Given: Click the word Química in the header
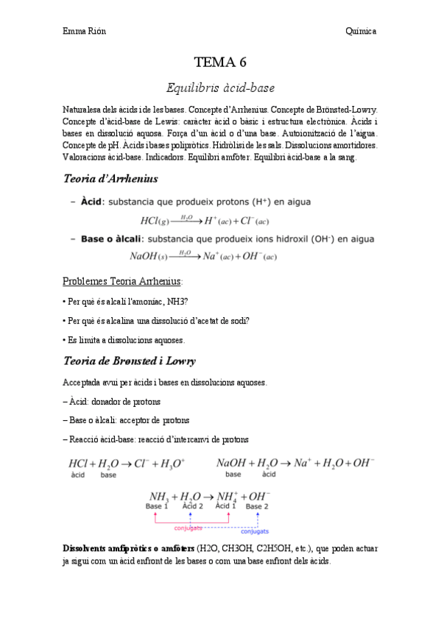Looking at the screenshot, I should (x=361, y=31).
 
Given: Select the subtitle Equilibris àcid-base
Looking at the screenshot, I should (x=220, y=88).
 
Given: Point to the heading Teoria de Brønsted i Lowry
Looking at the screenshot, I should (x=129, y=361).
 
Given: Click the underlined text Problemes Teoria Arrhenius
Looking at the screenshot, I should (x=123, y=281).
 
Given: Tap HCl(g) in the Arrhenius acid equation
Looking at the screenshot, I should (x=155, y=220).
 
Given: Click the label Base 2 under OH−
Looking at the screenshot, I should (x=257, y=507).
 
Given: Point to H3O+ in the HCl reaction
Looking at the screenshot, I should (x=172, y=464).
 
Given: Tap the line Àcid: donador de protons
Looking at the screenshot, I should (x=112, y=402).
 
